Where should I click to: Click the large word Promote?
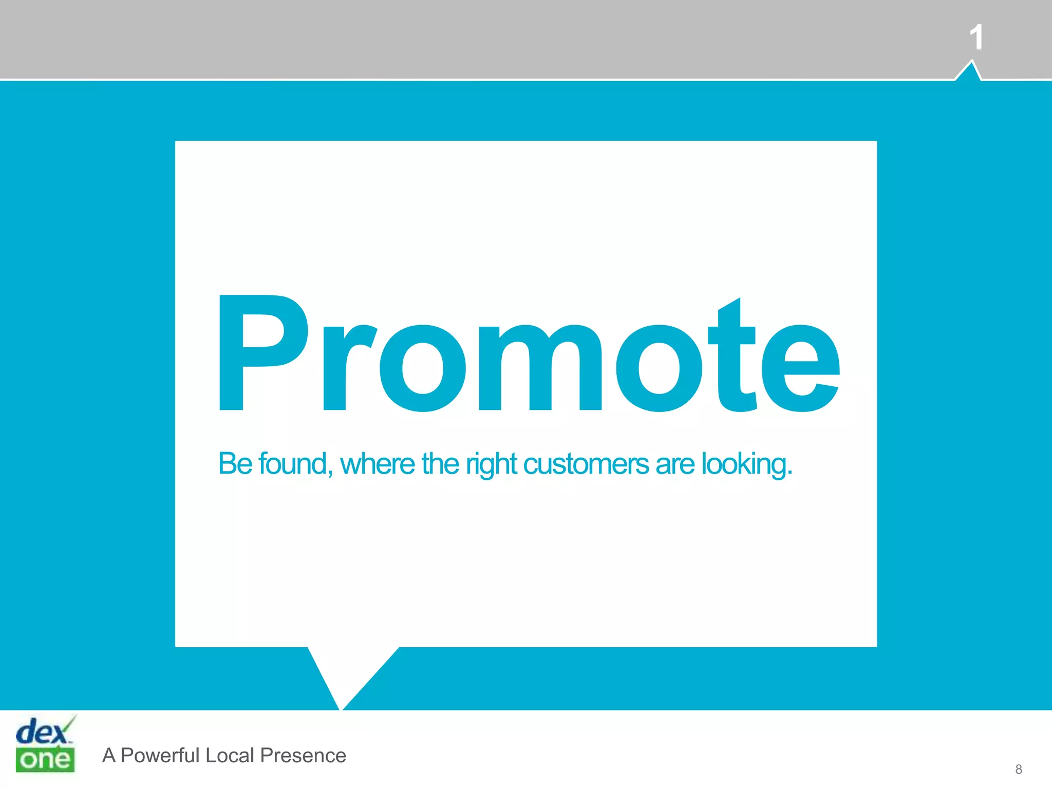(x=529, y=354)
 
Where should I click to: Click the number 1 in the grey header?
(x=976, y=37)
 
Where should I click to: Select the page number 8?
(x=1019, y=769)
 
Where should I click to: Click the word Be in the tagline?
(x=235, y=463)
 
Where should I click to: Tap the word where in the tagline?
(x=378, y=463)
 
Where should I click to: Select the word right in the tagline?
(x=491, y=464)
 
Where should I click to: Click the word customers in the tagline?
(x=586, y=463)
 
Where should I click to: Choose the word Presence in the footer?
(x=303, y=756)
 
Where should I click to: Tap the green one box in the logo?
(x=45, y=760)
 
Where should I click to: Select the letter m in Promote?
(x=540, y=368)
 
